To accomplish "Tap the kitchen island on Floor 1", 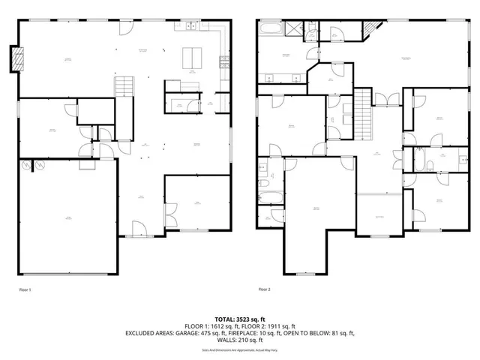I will [193, 56].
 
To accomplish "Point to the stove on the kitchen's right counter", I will [223, 61].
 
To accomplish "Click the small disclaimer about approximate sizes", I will [239, 350].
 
